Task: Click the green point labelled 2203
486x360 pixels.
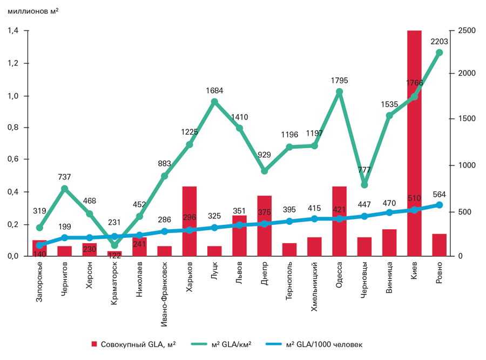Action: [x=439, y=52]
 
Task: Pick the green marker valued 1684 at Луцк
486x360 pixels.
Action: [x=214, y=102]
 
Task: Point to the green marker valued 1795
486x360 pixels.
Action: [x=339, y=92]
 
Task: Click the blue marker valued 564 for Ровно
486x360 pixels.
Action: [x=439, y=205]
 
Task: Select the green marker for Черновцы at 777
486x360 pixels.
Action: [x=364, y=185]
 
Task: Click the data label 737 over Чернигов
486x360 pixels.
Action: [x=65, y=177]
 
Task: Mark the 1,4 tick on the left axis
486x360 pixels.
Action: [x=13, y=31]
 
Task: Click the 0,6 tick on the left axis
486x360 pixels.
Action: [x=13, y=159]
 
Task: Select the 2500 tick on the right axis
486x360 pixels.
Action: [x=466, y=31]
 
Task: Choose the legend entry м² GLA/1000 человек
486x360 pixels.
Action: [x=324, y=344]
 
